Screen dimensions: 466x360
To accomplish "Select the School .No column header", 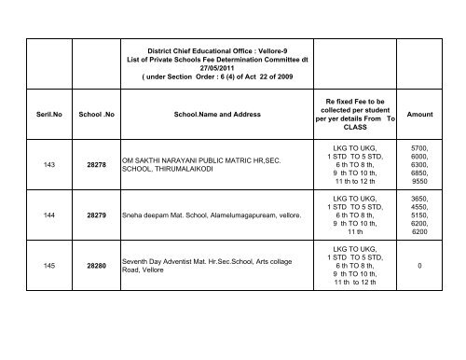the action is (x=96, y=115).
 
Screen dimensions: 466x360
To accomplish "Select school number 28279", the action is (x=96, y=241).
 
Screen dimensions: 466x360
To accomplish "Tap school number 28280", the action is (x=96, y=317).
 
